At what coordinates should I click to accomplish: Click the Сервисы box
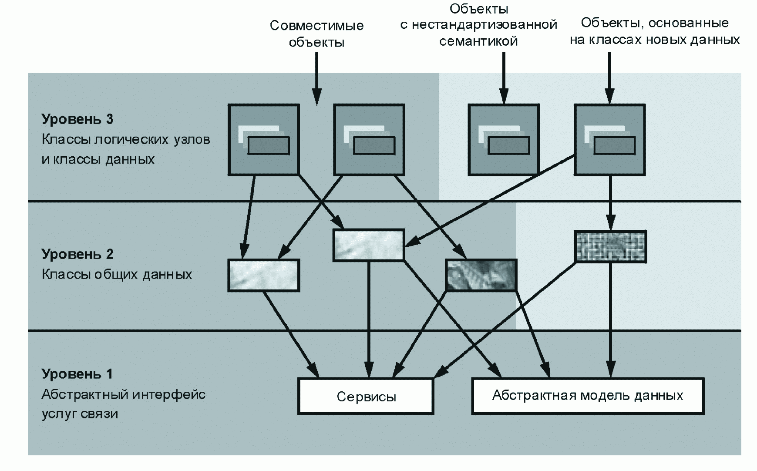click(366, 396)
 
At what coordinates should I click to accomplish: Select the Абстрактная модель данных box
click(588, 395)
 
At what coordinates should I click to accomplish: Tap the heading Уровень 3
click(77, 119)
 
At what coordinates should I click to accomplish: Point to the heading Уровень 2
click(77, 254)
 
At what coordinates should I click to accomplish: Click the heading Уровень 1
click(77, 374)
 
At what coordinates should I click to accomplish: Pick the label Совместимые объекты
click(316, 34)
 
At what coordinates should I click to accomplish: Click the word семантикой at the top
click(478, 41)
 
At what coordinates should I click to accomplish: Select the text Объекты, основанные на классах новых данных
click(655, 31)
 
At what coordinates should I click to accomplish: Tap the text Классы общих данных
click(117, 275)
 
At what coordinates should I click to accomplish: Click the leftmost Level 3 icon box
click(264, 140)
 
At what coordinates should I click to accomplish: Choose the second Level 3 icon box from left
click(369, 140)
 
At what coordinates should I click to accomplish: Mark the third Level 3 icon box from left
click(504, 140)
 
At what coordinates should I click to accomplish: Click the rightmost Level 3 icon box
click(609, 140)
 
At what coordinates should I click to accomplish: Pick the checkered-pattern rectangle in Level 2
click(610, 247)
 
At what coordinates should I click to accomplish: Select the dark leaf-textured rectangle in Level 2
click(481, 275)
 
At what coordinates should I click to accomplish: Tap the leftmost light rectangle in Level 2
click(264, 275)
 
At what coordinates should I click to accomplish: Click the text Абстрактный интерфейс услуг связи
click(123, 404)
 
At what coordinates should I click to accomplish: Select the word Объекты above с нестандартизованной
click(479, 9)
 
